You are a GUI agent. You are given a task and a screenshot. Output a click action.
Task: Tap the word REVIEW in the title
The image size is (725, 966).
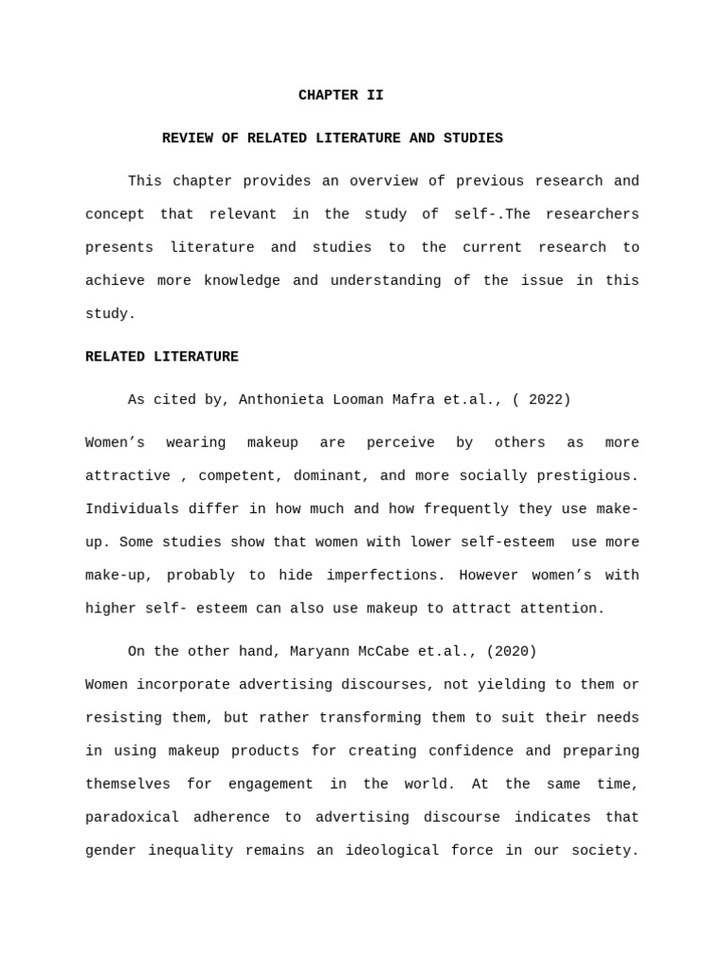click(187, 139)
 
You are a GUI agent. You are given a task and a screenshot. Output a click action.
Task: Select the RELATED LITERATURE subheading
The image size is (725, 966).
click(161, 357)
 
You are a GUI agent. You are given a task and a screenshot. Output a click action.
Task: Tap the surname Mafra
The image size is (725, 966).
click(413, 400)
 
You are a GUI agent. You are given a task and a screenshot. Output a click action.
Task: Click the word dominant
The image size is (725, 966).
click(328, 475)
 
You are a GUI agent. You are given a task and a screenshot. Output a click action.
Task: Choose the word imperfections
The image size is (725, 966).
click(381, 575)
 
